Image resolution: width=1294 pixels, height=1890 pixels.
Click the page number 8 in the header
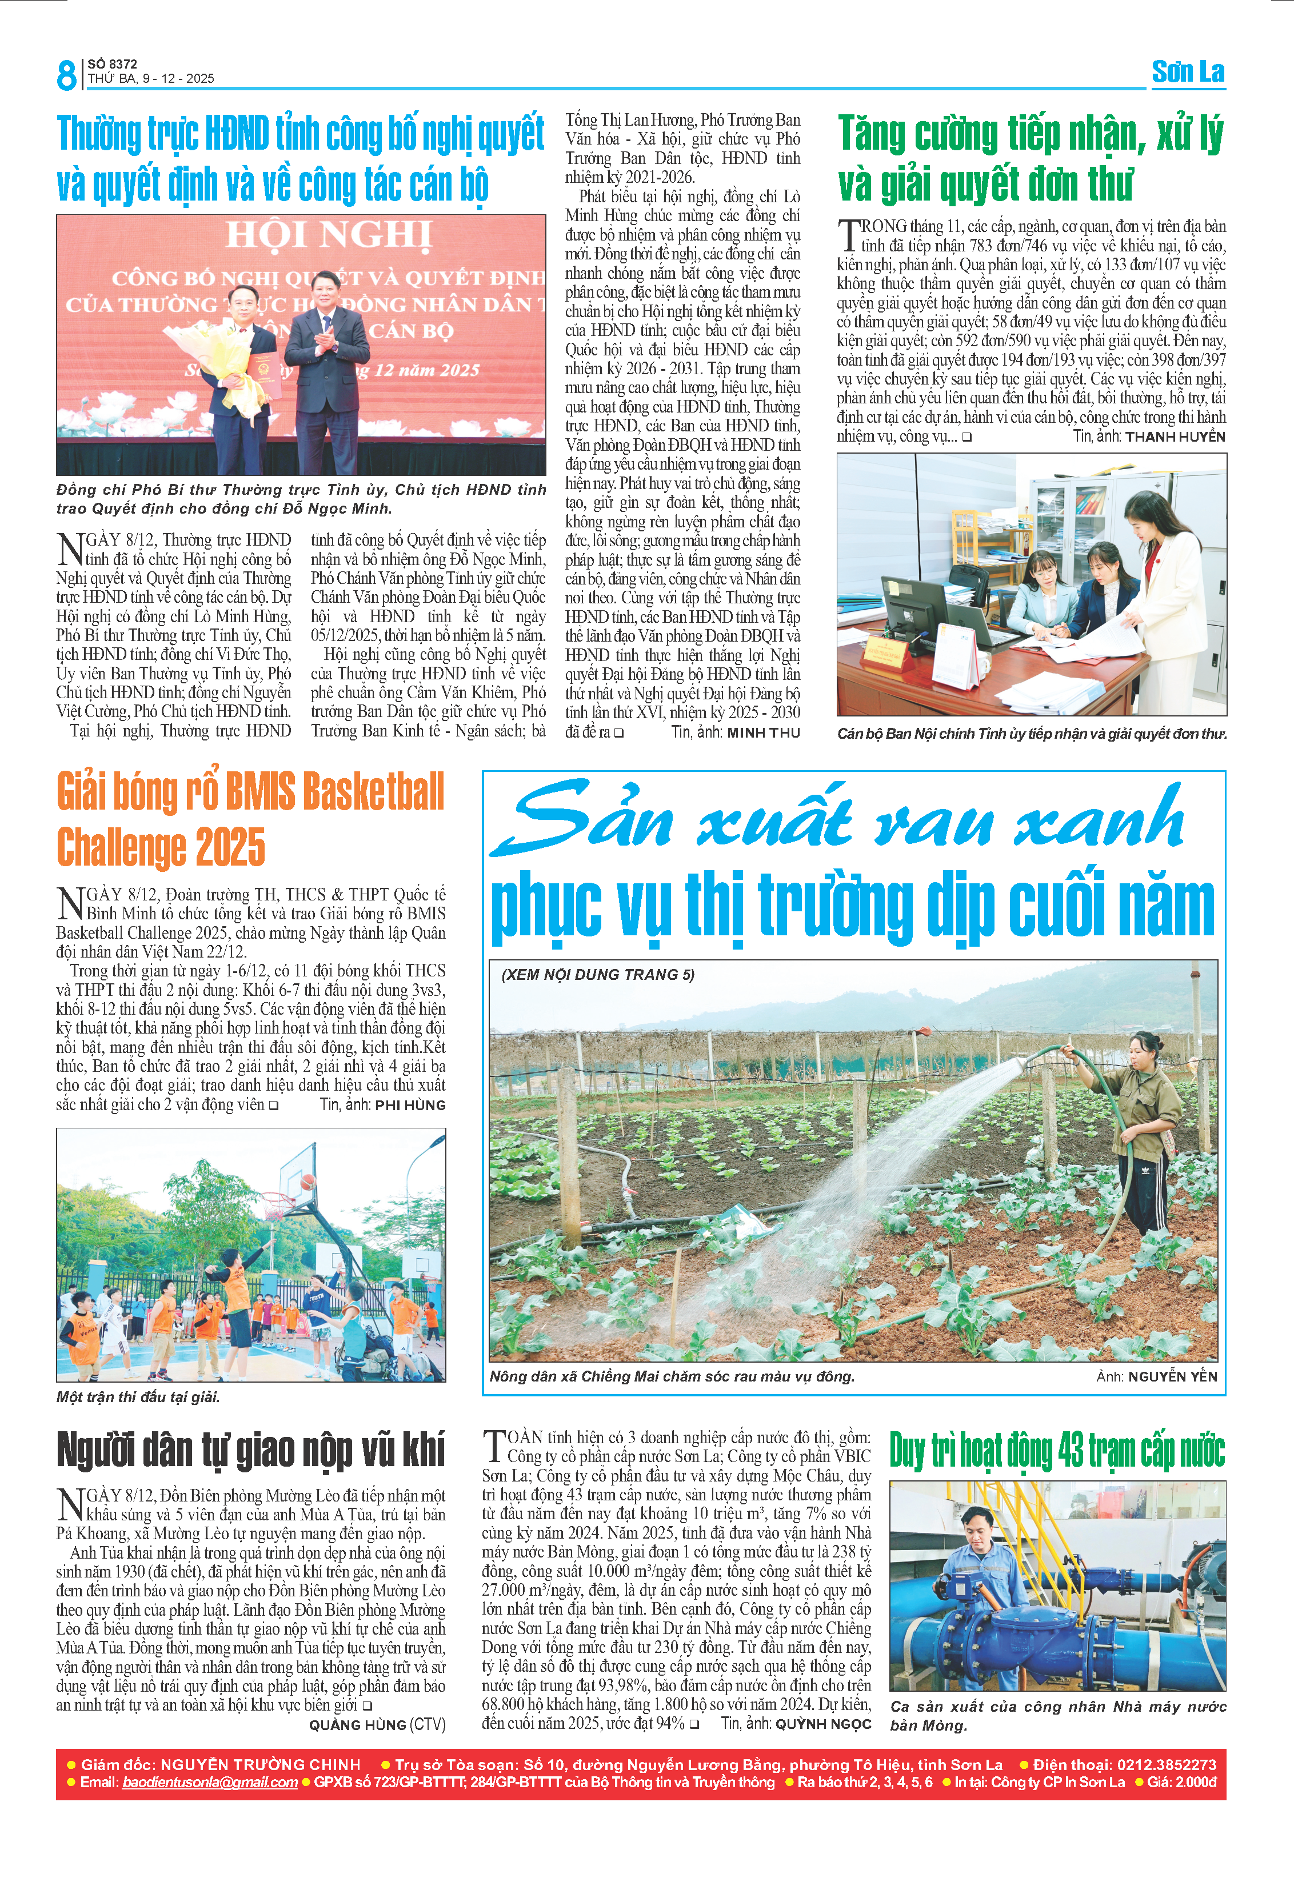(x=66, y=75)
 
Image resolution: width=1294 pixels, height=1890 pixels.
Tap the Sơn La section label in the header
(x=1188, y=73)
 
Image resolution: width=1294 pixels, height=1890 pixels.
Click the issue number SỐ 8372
(x=112, y=64)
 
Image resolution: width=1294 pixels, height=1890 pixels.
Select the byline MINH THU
(x=763, y=732)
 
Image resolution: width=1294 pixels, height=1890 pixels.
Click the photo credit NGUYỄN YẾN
(x=1172, y=1377)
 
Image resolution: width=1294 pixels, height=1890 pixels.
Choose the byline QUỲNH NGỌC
(x=822, y=1723)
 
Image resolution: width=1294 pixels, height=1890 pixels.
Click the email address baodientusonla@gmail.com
(x=210, y=1782)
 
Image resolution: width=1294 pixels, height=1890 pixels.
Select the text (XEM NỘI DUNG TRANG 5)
(x=598, y=974)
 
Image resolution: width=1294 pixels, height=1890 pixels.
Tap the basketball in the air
(x=309, y=1180)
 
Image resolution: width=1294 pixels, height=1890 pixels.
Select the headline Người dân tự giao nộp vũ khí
(x=250, y=1450)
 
